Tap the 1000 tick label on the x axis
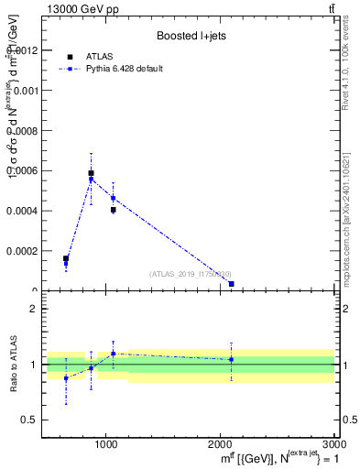pyautogui.click(x=106, y=444)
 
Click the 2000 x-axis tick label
pyautogui.click(x=220, y=444)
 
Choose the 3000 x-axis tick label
pyautogui.click(x=333, y=444)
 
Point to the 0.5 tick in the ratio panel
pyautogui.click(x=31, y=420)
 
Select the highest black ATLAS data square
pyautogui.click(x=91, y=172)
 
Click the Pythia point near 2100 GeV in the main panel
pyautogui.click(x=232, y=284)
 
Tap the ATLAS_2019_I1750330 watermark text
pyautogui.click(x=191, y=273)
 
